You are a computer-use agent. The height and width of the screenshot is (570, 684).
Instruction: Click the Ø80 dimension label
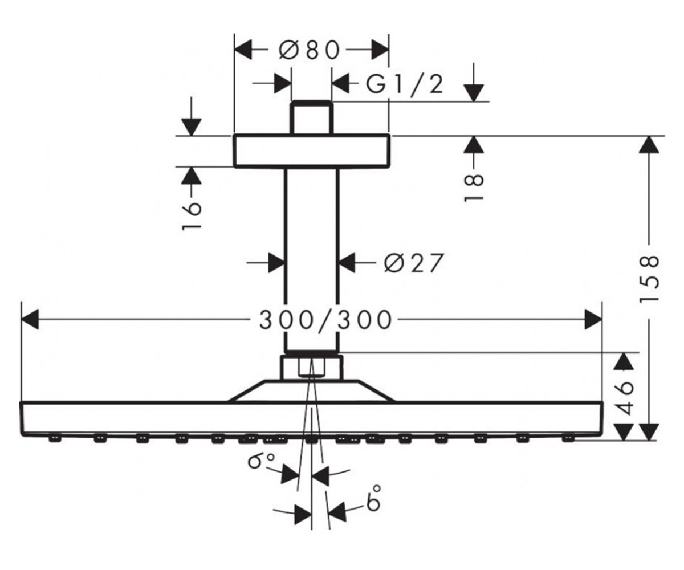coord(310,51)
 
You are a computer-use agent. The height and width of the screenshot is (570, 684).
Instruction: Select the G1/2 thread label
coord(405,85)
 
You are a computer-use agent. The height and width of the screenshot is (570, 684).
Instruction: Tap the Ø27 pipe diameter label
coord(414,263)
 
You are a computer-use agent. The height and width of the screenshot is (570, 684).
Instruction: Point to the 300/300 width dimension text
coord(325,320)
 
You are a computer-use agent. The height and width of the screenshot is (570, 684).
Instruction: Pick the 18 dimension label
coord(474,188)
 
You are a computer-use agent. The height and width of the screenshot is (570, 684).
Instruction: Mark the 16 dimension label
coord(192,216)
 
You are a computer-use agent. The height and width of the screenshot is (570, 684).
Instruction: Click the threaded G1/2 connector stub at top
coord(312,117)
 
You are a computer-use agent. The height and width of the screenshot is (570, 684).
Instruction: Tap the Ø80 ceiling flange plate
coord(312,150)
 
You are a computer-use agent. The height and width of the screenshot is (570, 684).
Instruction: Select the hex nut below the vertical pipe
coord(312,368)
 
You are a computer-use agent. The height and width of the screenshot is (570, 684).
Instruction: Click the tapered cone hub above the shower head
coord(312,391)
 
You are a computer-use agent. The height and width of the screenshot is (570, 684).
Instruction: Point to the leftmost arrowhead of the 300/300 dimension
coord(30,319)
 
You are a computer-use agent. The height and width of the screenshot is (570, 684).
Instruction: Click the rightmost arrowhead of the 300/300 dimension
coord(593,319)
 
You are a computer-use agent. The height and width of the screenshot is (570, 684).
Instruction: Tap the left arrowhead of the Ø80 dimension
coord(243,50)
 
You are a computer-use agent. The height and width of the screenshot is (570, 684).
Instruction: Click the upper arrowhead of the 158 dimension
coord(649,144)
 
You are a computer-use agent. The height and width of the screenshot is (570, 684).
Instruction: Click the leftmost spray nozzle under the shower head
coord(55,438)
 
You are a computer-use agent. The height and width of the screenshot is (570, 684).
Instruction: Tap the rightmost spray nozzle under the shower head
coord(568,438)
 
